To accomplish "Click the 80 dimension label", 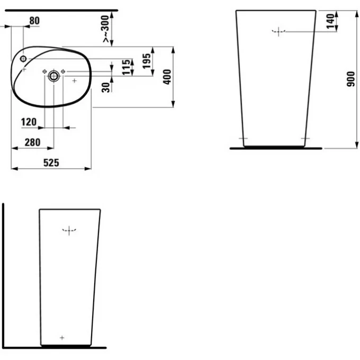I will [x=34, y=21].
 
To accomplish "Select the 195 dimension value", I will [x=148, y=59].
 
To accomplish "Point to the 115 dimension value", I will [x=127, y=68].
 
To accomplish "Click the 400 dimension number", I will [x=167, y=77].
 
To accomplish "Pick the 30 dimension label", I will [x=106, y=87].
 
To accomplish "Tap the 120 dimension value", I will [x=29, y=122].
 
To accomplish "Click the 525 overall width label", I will [x=51, y=163].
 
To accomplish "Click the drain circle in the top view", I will [x=53, y=76].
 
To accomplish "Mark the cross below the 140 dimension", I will [x=278, y=31].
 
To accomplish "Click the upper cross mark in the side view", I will [x=69, y=230].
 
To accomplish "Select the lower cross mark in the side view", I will [x=62, y=337].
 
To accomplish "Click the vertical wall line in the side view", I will [x=3, y=275].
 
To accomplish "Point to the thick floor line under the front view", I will [x=276, y=148].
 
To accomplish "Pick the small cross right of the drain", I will [x=75, y=80].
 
